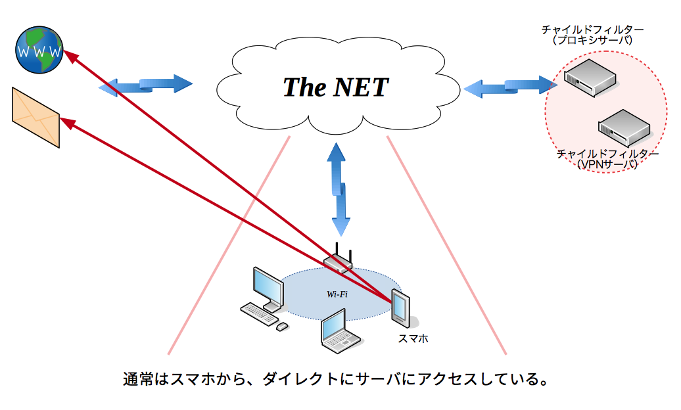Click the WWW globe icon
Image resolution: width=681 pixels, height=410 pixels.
coord(39,49)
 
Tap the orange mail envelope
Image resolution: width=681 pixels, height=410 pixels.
coord(35,118)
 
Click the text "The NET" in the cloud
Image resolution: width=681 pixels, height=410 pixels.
coord(335,87)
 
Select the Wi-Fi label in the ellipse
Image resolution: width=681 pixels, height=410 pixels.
coord(337,294)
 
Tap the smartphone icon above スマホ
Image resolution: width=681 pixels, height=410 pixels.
coord(401,308)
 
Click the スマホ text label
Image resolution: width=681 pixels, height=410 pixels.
coord(413,338)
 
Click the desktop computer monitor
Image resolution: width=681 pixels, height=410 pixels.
coord(269,288)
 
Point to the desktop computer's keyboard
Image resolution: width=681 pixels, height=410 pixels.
coord(259,313)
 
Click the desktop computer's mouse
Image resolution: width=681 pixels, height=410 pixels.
coord(282,327)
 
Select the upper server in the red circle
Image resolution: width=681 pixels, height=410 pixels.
coord(590,78)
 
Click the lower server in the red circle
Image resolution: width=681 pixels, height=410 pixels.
coord(624,127)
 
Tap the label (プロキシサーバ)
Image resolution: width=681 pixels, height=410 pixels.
coord(592,40)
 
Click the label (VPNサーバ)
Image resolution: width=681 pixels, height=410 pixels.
coord(607,165)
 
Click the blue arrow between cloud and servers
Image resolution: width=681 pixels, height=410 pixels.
coord(510,86)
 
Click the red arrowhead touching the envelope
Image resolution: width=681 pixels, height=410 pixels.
coord(67,123)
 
